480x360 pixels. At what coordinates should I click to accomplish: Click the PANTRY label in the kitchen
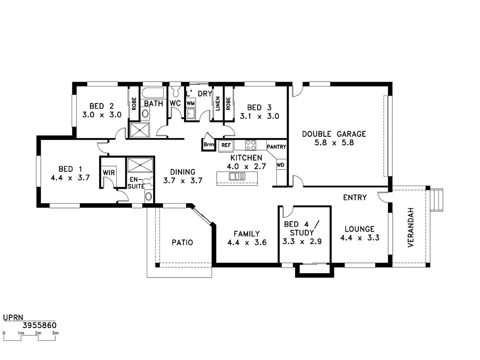coord(276,147)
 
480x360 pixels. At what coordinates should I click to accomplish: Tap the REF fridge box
coord(226,145)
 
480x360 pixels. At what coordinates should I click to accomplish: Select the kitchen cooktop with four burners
coord(251,145)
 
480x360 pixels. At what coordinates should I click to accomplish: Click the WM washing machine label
coord(191,103)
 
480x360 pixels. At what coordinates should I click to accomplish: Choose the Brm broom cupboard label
coord(209,144)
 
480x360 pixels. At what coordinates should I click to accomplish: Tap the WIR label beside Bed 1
coord(109,173)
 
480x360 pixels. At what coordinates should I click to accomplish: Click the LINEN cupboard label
coord(218,104)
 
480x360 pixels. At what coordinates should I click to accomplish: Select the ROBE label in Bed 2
coord(134,104)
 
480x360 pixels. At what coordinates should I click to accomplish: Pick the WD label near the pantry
coord(280,165)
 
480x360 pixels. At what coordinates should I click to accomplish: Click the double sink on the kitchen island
coord(237,176)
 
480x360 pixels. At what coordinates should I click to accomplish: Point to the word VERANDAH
coord(411,228)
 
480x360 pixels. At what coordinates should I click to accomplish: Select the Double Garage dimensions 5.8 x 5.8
coord(334,143)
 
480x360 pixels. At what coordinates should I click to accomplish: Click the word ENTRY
coord(355,198)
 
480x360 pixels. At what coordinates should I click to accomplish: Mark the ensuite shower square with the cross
coord(140,165)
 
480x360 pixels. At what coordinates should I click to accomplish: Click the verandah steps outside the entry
coord(436,200)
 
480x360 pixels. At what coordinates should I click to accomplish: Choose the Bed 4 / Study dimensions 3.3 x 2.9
coord(302,242)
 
